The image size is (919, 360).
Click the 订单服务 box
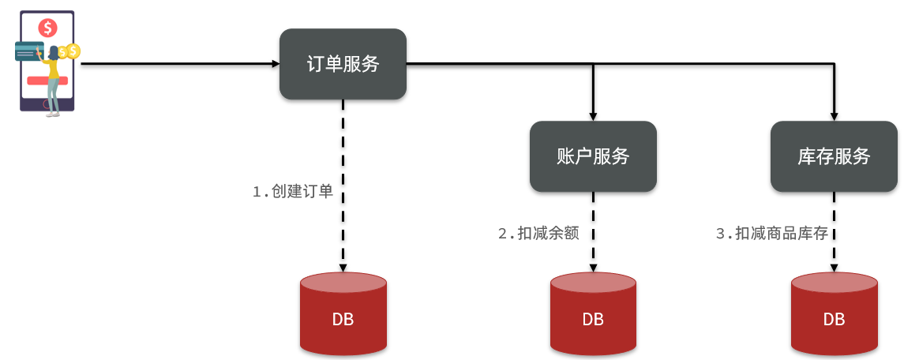click(343, 64)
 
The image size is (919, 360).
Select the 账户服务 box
click(592, 156)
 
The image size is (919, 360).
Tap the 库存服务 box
click(834, 156)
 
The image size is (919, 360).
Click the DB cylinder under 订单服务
click(343, 313)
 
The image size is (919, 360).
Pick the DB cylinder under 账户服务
click(592, 313)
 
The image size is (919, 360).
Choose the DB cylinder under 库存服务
click(834, 313)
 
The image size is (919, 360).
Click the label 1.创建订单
click(292, 192)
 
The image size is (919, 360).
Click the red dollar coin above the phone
click(48, 28)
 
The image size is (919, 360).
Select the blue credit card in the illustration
click(29, 51)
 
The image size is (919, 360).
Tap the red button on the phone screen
click(39, 81)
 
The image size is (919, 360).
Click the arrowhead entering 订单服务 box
click(274, 63)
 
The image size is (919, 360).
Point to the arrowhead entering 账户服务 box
click(592, 115)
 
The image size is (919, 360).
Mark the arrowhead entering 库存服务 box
click(834, 115)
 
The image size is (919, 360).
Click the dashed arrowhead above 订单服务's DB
click(343, 267)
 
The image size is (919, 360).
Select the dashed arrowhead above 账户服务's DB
click(592, 267)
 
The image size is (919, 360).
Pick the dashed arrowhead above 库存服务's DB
click(834, 267)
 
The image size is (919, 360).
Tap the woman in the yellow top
click(54, 75)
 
